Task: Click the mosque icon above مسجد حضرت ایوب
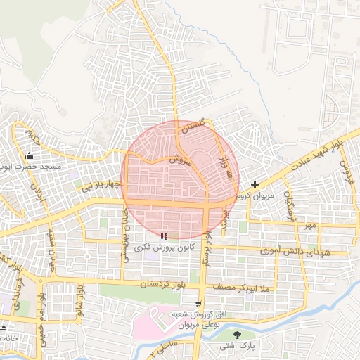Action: pyautogui.click(x=29, y=155)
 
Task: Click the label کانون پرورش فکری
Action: pyautogui.click(x=164, y=248)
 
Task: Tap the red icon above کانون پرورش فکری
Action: pyautogui.click(x=164, y=236)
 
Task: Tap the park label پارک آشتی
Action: pyautogui.click(x=236, y=347)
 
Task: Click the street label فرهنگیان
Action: pyautogui.click(x=290, y=203)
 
